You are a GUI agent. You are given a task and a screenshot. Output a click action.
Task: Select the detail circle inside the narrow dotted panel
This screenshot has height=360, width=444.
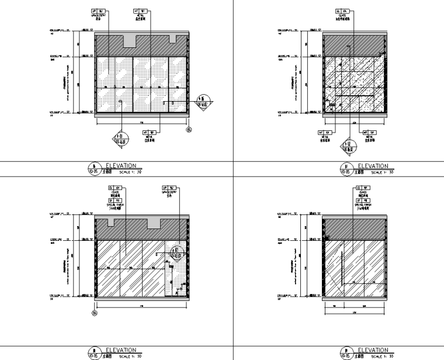[x=176, y=252]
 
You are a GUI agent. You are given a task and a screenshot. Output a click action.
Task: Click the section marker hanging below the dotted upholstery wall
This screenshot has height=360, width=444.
[x=122, y=139]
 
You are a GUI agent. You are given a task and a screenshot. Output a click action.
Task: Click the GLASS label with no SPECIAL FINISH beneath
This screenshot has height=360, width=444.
[x=340, y=15]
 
